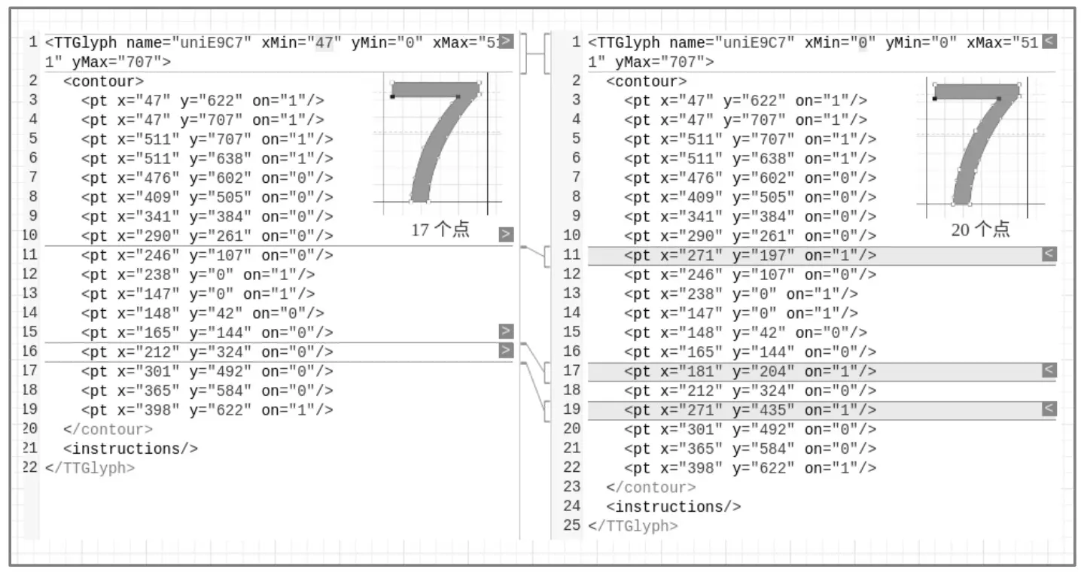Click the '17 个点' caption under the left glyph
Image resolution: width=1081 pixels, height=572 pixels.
point(440,230)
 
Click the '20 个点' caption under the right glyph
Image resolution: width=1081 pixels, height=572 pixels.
point(980,230)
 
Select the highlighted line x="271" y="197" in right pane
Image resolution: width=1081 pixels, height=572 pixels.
point(750,256)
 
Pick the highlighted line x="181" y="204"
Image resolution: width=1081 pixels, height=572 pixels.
point(750,371)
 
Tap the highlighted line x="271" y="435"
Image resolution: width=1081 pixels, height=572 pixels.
point(750,410)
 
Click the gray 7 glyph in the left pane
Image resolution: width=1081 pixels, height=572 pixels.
point(444,135)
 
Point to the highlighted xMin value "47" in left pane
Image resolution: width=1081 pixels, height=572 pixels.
point(324,43)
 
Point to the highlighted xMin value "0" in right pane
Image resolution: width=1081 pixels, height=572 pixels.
point(863,43)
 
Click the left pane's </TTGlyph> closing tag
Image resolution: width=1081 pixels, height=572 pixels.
point(90,468)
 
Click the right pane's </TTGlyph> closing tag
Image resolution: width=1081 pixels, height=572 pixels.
point(632,526)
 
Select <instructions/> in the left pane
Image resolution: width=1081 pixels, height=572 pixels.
point(131,449)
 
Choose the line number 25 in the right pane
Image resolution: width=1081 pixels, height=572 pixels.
point(572,525)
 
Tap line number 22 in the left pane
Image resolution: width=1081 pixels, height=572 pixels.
point(30,467)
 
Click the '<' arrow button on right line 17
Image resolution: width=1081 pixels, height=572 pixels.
point(1049,370)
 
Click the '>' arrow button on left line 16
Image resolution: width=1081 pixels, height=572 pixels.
point(506,350)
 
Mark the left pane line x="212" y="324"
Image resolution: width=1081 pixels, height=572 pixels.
point(207,351)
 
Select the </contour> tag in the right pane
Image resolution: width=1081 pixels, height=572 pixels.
point(650,488)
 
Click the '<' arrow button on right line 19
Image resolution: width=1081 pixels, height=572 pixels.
point(1049,409)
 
